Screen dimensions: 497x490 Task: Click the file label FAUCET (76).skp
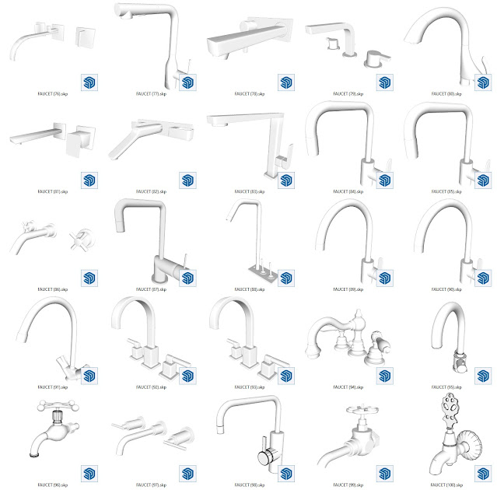[x=53, y=93]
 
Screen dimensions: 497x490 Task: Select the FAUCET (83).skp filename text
[x=249, y=191]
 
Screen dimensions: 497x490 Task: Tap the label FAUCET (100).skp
[x=446, y=485]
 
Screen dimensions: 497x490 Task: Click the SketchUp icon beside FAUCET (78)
[x=285, y=83]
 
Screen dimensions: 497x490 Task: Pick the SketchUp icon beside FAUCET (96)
[x=89, y=474]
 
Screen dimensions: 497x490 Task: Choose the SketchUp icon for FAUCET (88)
[x=285, y=278]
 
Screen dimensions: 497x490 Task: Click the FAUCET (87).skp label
[x=151, y=289]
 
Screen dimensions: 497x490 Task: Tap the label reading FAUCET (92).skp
[x=151, y=387]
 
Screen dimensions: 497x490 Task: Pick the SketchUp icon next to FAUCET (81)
[x=89, y=180]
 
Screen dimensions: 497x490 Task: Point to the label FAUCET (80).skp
[x=446, y=93]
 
